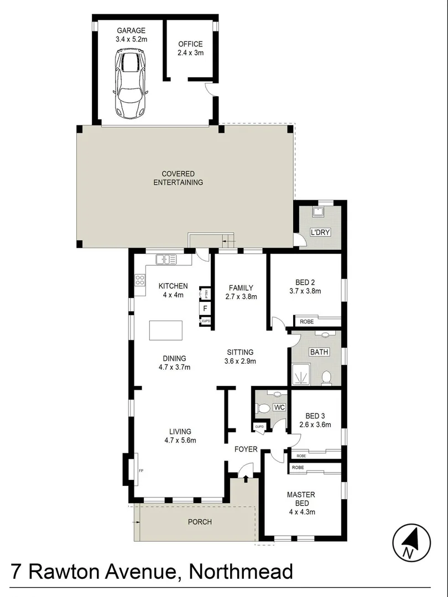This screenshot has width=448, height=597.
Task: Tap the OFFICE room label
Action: tap(190, 44)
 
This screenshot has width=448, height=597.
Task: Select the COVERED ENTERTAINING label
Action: tap(178, 178)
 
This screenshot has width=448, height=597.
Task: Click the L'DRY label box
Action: tap(319, 232)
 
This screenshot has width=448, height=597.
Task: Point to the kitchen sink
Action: tap(165, 258)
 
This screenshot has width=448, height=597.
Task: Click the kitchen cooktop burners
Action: tap(139, 280)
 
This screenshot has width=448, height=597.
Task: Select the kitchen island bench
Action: tap(166, 330)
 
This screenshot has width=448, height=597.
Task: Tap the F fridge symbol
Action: tap(205, 308)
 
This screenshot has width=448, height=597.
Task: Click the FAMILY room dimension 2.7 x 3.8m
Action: tap(241, 297)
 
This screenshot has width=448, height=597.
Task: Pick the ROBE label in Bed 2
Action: tap(307, 321)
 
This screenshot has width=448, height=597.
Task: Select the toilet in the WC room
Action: tap(264, 409)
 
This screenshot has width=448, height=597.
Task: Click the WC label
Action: tap(279, 408)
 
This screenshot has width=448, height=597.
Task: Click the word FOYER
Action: tap(246, 449)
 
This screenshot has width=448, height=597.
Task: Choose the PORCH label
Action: tap(200, 522)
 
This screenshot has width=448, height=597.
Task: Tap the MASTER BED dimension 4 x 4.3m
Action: tap(301, 512)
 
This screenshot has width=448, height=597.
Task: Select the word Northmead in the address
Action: tap(241, 572)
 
